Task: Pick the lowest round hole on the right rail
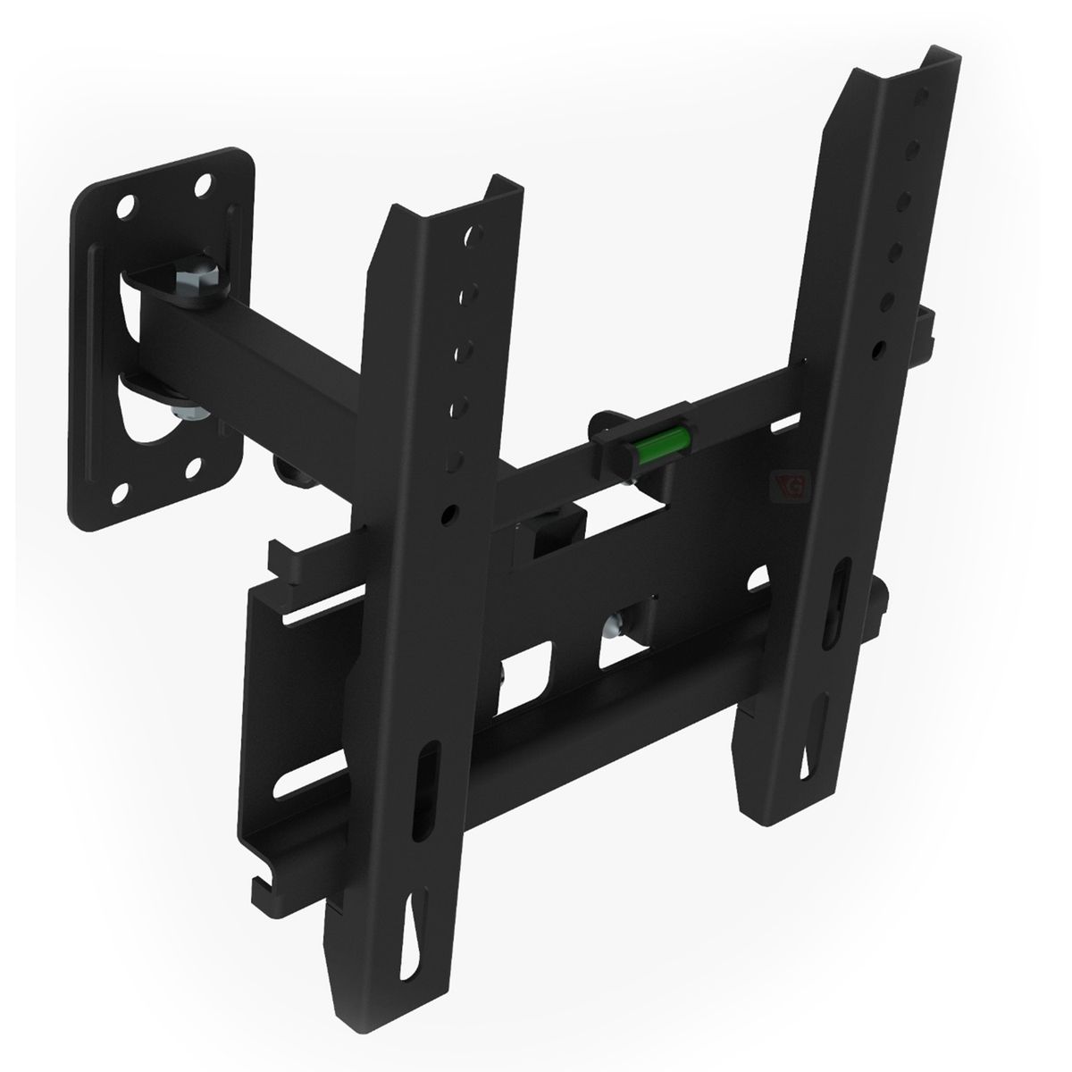click(881, 346)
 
